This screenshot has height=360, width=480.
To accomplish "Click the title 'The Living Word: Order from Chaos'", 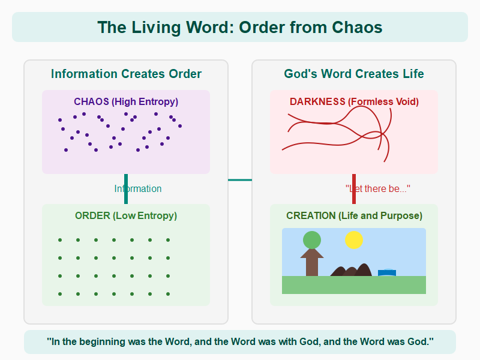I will coord(240,28).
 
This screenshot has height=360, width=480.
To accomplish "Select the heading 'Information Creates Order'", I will coord(126,74).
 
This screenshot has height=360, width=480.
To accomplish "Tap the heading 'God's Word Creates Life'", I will coord(354,74).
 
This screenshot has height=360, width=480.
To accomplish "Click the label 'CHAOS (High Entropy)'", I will coord(126,102).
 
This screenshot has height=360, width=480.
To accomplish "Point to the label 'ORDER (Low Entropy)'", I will coord(126,216).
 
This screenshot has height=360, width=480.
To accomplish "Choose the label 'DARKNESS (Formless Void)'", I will coord(354,102).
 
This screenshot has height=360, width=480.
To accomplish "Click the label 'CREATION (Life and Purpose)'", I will coord(354,216).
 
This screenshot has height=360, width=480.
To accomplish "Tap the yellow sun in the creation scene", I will coord(354,240).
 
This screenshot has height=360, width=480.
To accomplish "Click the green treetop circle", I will coord(312,240).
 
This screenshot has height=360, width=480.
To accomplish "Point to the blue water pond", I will coord(387,273).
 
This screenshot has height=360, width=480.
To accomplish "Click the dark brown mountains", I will coord(351,271).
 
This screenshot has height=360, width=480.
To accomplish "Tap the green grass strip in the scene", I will coord(354,285).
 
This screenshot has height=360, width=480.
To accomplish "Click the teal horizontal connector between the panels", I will coord(240,179).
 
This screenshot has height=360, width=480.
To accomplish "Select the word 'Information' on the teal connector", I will coord(138,189).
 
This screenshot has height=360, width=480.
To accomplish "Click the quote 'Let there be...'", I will coord(378,189).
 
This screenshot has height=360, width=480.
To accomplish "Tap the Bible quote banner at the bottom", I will coord(240,342).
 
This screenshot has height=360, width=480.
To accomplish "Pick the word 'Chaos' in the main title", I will coord(358,28).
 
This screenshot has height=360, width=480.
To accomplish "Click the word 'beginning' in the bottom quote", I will coord(124,342).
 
